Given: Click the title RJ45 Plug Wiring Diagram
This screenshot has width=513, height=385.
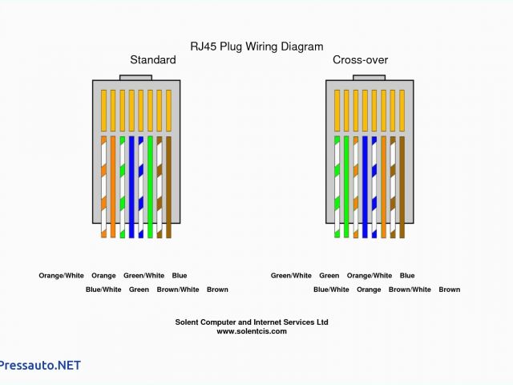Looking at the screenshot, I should tap(256, 47).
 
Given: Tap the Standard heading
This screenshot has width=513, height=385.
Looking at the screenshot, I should tap(153, 60).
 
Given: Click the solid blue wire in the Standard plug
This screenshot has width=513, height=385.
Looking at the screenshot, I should tap(131, 186).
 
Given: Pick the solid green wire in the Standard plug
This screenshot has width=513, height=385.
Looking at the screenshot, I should tap(150, 186).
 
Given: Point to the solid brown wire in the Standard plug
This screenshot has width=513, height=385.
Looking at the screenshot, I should tap(168, 186).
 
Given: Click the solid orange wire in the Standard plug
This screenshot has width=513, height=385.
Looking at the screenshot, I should tap(113, 186).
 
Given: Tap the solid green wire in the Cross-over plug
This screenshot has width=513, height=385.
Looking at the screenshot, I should tap(346, 186).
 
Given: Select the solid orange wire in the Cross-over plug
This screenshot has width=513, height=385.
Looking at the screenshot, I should tap(383, 186).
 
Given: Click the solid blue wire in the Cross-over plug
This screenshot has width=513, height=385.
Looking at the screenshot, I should tap(365, 186).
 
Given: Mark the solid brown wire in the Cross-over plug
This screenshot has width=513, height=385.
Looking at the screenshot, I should tap(402, 186).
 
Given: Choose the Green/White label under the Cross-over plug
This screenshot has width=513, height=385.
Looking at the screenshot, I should tap(291, 276).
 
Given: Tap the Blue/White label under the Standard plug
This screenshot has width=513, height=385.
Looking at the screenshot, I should tap(103, 290).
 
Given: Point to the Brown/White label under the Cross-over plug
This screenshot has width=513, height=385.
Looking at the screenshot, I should tap(410, 290).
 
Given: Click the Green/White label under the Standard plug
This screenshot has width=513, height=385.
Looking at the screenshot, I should tap(144, 276).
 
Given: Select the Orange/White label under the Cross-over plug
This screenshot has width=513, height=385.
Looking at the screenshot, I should tap(370, 276).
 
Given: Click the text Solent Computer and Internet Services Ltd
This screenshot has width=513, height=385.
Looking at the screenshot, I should tap(252, 322).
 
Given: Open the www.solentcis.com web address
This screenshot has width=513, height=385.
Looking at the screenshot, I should tap(251, 330).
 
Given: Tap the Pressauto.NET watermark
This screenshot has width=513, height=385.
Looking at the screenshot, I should tap(40, 365).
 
